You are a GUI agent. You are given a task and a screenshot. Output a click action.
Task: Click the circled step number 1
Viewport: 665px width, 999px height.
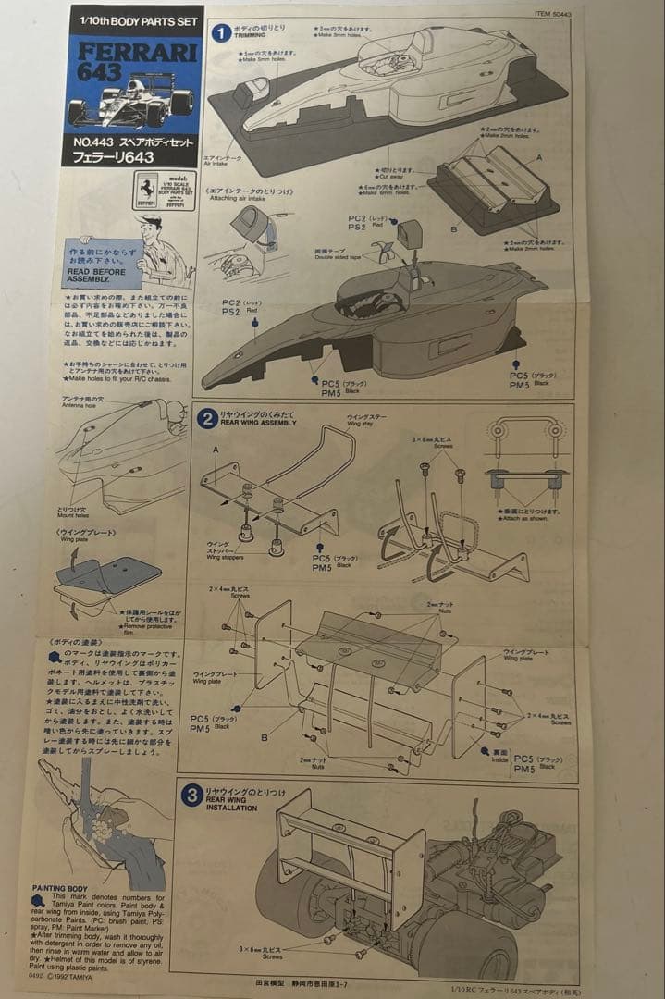click(221, 32)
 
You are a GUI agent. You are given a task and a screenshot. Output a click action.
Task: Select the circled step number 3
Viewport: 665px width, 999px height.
click(191, 795)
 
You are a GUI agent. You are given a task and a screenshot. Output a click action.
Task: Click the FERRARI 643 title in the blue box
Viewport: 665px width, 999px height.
click(135, 60)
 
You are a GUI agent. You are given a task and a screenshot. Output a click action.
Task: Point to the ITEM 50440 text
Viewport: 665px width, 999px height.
click(552, 14)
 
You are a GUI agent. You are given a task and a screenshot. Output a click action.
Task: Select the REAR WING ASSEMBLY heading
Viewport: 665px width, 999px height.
click(258, 423)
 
